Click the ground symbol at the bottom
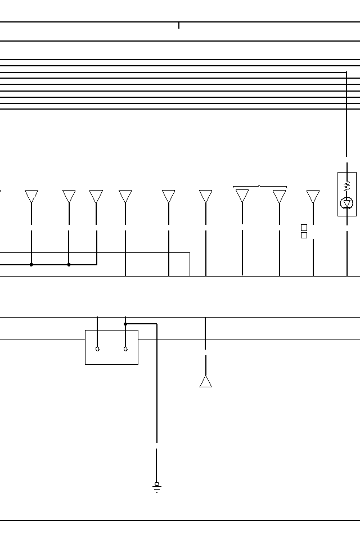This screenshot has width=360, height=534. [157, 487]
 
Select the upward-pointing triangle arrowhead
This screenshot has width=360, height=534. [206, 381]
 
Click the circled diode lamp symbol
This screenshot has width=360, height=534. [347, 203]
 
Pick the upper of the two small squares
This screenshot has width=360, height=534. [304, 228]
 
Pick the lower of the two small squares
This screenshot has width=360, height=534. [304, 236]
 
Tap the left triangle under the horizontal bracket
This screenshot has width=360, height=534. [242, 196]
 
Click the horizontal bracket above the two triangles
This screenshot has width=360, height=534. [260, 186]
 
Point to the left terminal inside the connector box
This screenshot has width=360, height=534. [98, 349]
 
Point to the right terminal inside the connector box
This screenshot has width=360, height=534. [125, 349]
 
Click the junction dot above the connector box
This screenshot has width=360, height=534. [125, 324]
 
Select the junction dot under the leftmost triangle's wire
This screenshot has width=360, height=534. [31, 264]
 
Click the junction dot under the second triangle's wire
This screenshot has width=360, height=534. [69, 264]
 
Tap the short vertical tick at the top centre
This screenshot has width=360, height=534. [179, 25]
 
